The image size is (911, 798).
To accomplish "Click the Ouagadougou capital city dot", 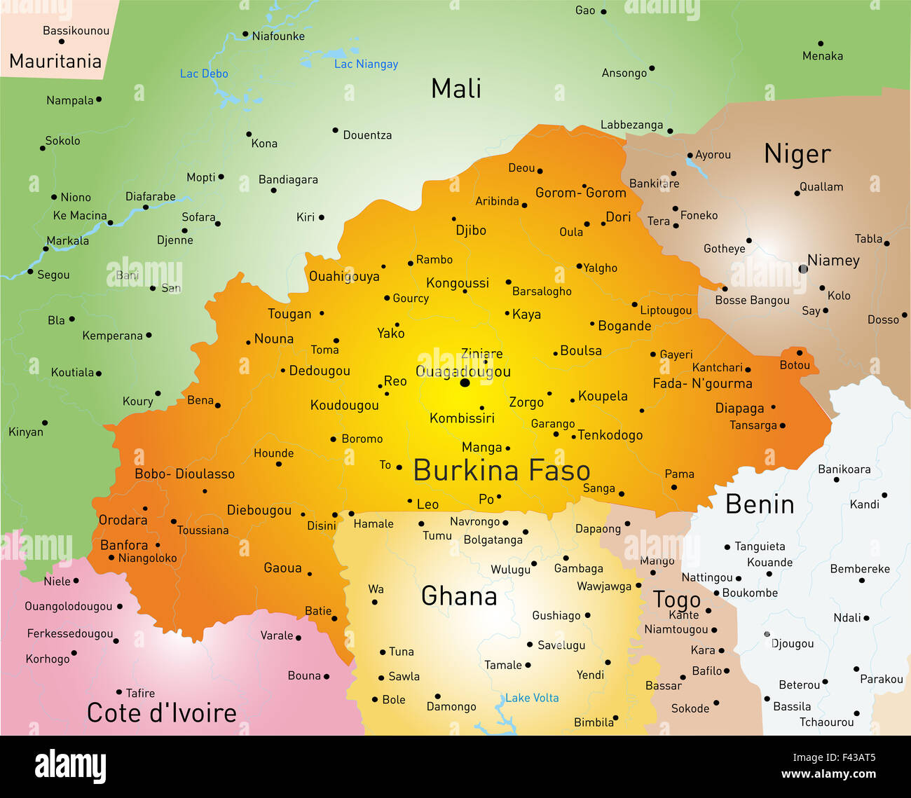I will click(x=465, y=383).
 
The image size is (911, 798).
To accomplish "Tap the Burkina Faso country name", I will click(x=502, y=470).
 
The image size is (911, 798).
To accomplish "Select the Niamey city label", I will click(x=833, y=261).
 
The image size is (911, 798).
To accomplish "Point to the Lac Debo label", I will click(x=204, y=74).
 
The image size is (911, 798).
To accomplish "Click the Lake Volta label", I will click(x=532, y=698).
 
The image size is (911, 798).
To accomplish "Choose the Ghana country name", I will click(x=459, y=596).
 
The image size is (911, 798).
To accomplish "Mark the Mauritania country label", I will click(x=55, y=62).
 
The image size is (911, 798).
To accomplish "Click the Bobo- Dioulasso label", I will click(x=184, y=474).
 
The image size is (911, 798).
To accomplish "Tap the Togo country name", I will click(x=676, y=600).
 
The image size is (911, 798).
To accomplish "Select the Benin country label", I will click(x=760, y=504).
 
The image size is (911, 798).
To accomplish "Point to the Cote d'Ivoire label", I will click(x=162, y=713).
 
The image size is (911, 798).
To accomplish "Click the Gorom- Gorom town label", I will click(x=580, y=193).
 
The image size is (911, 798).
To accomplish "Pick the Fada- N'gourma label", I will click(x=702, y=383).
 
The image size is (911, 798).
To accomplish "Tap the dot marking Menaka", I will click(x=821, y=43).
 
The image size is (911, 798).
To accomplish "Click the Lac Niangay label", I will click(x=366, y=64).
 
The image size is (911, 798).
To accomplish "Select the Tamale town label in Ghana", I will click(x=503, y=665).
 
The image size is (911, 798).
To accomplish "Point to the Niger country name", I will click(x=797, y=154).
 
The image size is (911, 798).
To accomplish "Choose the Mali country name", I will click(x=456, y=89).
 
